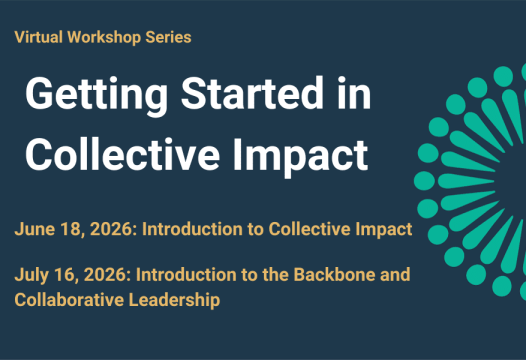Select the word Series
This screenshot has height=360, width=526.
166,37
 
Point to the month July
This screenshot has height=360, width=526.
30,274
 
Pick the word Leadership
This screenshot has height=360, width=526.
174,298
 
